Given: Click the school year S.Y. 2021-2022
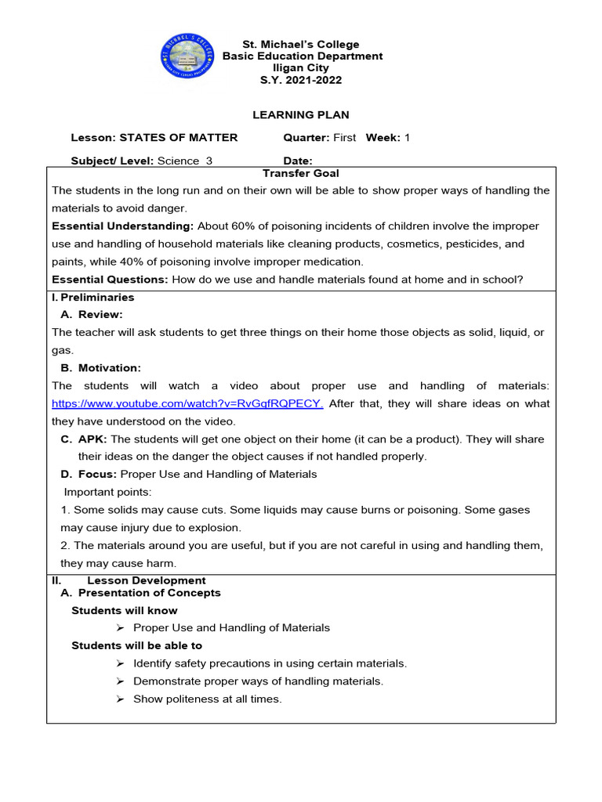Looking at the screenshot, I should [303, 80].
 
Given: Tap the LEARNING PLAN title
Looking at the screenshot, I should [301, 115].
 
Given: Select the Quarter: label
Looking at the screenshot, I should [306, 138].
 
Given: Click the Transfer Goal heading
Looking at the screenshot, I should [301, 173].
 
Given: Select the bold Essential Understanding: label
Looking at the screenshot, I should [122, 226].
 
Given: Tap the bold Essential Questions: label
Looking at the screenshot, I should [110, 280].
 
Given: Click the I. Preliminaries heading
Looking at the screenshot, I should [93, 298].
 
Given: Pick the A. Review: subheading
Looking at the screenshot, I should [92, 315].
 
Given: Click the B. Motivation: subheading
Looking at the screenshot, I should [100, 368].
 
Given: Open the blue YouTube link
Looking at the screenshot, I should [187, 404].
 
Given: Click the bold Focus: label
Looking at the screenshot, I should [89, 475].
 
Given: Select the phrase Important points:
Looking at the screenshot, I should [107, 493].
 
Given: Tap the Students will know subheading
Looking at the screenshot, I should [124, 611].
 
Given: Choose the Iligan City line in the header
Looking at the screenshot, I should [301, 68].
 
